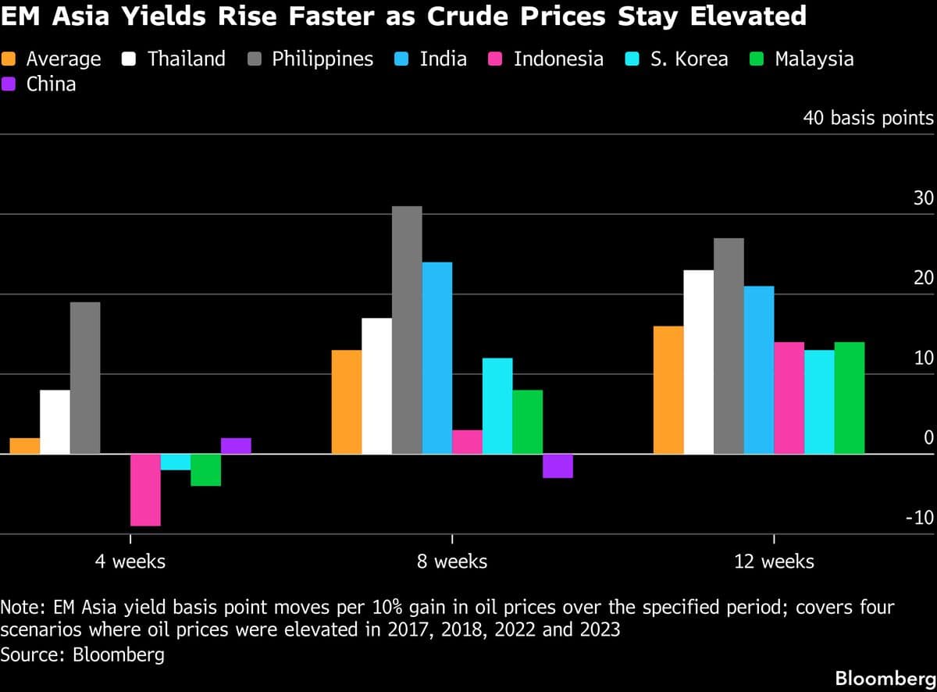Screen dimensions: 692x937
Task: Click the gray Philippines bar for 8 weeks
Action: tap(407, 330)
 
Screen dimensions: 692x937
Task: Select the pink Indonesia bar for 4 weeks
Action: tap(145, 490)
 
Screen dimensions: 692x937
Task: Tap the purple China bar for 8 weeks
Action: tap(558, 465)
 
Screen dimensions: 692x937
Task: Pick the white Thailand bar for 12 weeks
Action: tap(699, 362)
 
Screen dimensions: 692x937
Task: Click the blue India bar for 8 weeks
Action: tap(437, 358)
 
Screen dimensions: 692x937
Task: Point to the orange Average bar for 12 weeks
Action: tap(668, 390)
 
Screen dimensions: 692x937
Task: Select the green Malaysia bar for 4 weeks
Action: tap(206, 469)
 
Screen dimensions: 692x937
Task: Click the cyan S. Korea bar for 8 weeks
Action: tap(497, 406)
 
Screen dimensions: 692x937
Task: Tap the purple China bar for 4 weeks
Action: tap(236, 446)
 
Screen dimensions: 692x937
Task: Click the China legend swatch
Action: tap(13, 84)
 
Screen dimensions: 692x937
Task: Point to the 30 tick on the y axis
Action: tap(923, 198)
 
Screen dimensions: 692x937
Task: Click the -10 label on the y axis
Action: tap(919, 519)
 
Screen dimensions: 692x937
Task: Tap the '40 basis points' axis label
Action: tap(868, 118)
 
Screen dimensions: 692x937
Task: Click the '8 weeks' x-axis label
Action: tap(452, 561)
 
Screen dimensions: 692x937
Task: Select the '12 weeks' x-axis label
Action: tap(774, 561)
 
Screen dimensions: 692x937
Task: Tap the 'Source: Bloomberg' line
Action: tap(83, 655)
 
